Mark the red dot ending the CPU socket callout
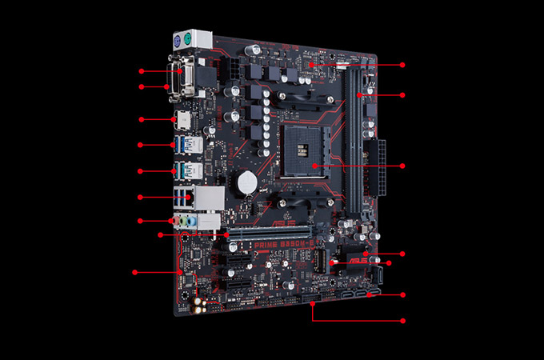click(x=402, y=166)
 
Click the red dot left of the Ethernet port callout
click(x=140, y=197)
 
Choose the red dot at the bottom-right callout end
click(x=402, y=321)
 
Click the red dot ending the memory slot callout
click(x=402, y=96)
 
